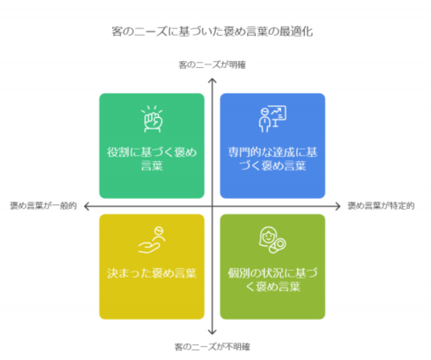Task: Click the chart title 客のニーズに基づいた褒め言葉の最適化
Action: [x=212, y=31]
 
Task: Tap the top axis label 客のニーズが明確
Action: [x=212, y=65]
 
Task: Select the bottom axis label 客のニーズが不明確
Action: [x=212, y=347]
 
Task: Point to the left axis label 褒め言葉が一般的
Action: [x=43, y=206]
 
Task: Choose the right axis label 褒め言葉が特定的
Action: [x=381, y=206]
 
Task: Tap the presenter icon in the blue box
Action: [x=272, y=119]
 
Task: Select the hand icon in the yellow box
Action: [x=152, y=240]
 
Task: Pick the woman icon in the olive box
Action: [x=272, y=240]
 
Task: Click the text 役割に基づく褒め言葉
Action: [x=152, y=159]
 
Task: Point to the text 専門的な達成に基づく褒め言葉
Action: [x=272, y=159]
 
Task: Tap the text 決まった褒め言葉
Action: [x=152, y=273]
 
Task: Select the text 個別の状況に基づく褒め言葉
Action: [x=272, y=280]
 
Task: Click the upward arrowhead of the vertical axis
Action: [x=212, y=80]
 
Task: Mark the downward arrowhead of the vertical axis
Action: [x=212, y=332]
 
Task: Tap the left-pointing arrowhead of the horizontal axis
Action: [x=86, y=206]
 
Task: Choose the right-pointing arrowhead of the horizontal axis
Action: [x=338, y=206]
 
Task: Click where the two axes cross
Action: [x=212, y=206]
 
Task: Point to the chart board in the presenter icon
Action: [x=278, y=113]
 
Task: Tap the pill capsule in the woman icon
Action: [x=278, y=245]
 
